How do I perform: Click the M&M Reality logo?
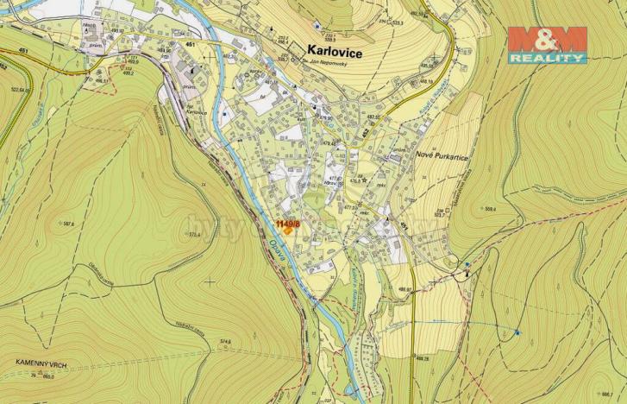(547, 45)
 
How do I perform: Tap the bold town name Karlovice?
(335, 53)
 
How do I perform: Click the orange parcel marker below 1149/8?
(287, 231)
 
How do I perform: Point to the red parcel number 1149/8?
(287, 223)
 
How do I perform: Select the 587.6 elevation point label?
(66, 224)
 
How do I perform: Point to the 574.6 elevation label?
(226, 341)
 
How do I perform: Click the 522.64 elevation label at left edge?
(17, 89)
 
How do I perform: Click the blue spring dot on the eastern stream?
(518, 331)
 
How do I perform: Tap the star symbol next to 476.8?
(366, 180)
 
